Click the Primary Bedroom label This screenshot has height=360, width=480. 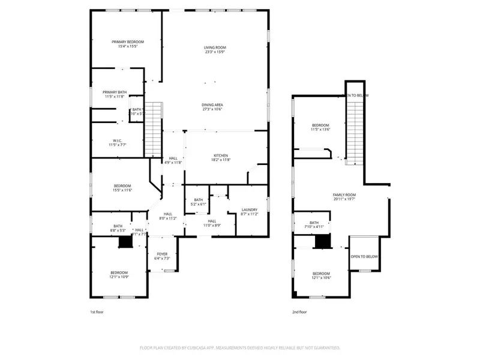pyautogui.click(x=127, y=41)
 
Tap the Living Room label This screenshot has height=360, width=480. pyautogui.click(x=215, y=47)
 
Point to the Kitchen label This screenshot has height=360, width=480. pyautogui.click(x=220, y=155)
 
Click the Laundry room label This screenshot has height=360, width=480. pyautogui.click(x=249, y=210)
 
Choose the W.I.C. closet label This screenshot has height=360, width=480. pyautogui.click(x=118, y=142)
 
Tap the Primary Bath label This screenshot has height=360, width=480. pyautogui.click(x=114, y=92)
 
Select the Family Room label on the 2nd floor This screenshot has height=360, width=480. pyautogui.click(x=344, y=195)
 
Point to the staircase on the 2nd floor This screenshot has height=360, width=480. pyautogui.click(x=356, y=126)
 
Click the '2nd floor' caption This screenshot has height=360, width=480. pyautogui.click(x=299, y=312)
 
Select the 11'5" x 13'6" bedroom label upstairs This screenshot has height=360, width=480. pyautogui.click(x=321, y=127)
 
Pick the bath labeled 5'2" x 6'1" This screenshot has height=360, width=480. pyautogui.click(x=199, y=202)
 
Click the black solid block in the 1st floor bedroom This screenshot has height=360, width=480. pyautogui.click(x=125, y=241)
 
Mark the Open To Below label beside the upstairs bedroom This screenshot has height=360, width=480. pyautogui.click(x=364, y=256)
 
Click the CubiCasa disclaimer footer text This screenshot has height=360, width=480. pyautogui.click(x=240, y=347)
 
